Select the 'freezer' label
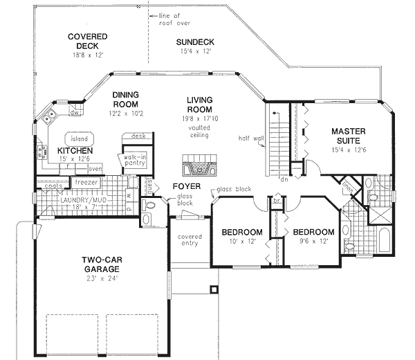(x=86, y=181)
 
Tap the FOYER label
(x=187, y=186)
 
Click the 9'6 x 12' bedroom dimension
(x=313, y=242)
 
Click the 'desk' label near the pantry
(x=138, y=137)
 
